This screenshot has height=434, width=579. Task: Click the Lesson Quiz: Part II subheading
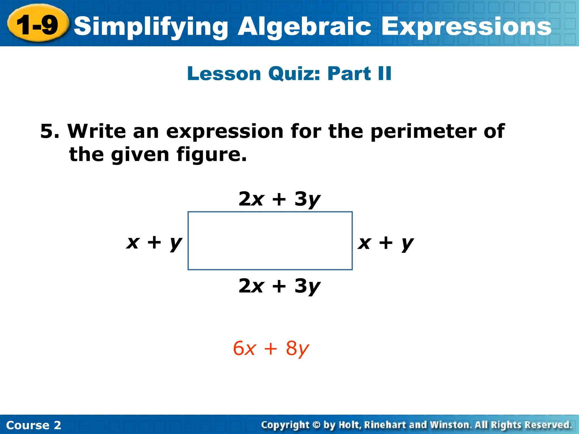pos(289,73)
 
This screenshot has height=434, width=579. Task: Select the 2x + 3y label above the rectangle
pos(279,199)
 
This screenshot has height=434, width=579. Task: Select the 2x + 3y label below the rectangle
pos(279,286)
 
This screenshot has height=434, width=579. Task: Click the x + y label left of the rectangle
pos(154,242)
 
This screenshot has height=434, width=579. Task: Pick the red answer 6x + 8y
pos(271,349)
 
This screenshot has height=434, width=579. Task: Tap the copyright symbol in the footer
pos(316,425)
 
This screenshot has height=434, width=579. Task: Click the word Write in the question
pos(96,131)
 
